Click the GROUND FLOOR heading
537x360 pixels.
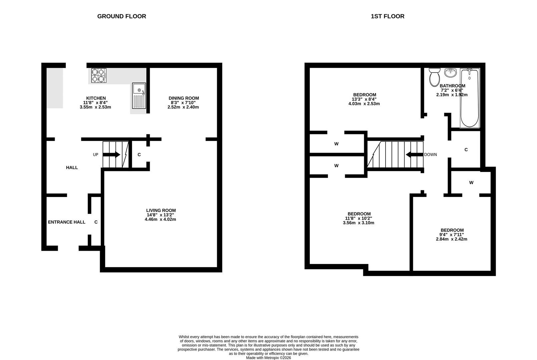[121, 16]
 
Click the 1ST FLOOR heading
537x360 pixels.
[388, 16]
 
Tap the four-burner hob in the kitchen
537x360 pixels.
[99, 75]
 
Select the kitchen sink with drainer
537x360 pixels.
[139, 96]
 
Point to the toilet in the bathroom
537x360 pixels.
[435, 77]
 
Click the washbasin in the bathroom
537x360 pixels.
[451, 73]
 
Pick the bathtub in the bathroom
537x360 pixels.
[470, 98]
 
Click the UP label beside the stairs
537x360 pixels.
[96, 155]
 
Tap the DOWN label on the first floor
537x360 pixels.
[431, 155]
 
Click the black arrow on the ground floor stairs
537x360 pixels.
[111, 155]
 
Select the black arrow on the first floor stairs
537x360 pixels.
[415, 155]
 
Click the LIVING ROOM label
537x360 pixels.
[161, 211]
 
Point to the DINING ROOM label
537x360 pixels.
[184, 98]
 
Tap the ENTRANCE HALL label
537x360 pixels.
[67, 222]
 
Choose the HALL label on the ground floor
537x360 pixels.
[72, 168]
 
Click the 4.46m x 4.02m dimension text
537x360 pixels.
[160, 219]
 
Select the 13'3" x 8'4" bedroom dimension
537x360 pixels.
[364, 99]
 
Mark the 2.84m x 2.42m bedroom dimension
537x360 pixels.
[452, 239]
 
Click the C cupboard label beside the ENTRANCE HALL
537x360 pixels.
[96, 222]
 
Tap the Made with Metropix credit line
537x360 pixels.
[268, 358]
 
